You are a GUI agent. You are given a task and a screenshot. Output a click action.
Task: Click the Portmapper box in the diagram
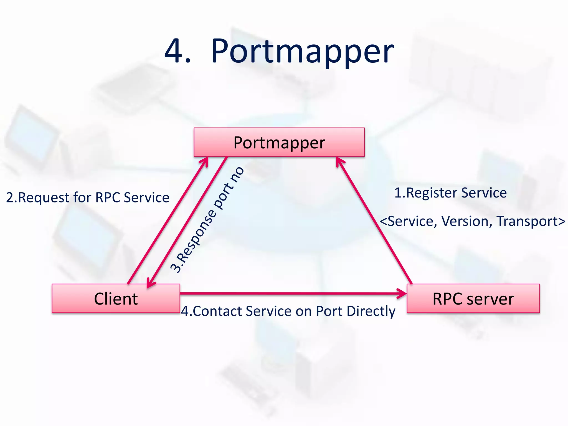coord(279,142)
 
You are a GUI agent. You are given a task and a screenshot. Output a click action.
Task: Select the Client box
coord(116,298)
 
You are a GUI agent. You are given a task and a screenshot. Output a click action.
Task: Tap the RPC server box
coord(473,298)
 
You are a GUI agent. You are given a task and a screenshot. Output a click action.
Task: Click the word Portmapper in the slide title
coord(302,51)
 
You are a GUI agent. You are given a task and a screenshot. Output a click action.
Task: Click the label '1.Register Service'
coord(450,193)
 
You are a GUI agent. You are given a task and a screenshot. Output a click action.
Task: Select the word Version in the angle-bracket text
coord(466,221)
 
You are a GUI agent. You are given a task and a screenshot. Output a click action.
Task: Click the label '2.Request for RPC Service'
coord(88,197)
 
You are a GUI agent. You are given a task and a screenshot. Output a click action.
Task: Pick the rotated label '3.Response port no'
coord(207,220)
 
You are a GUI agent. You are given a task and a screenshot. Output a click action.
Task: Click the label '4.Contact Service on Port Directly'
coord(288,311)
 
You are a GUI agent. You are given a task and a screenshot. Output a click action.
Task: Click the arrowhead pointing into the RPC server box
coord(402,293)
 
